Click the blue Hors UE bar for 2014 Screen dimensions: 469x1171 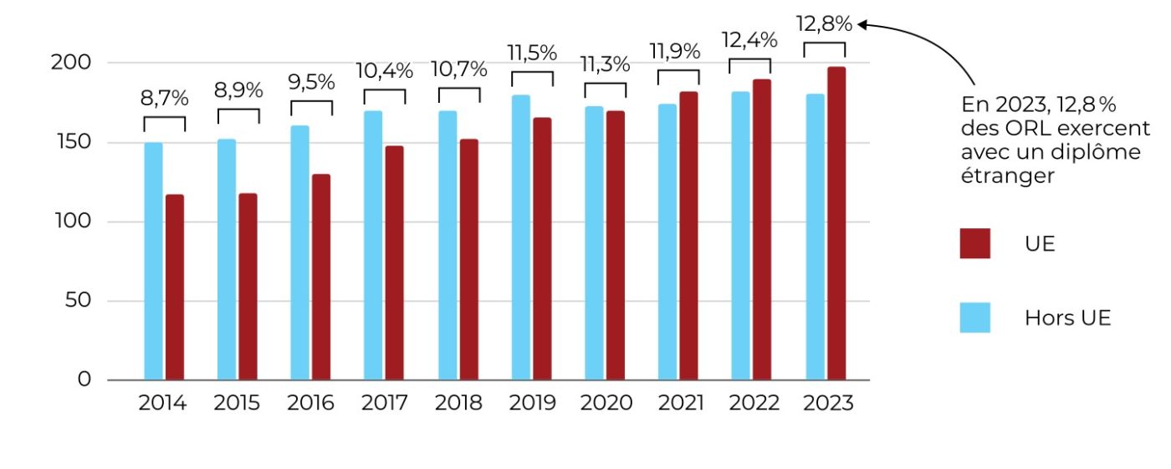[153, 261]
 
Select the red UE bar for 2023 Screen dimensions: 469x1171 [836, 223]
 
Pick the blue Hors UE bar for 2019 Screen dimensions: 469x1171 [521, 237]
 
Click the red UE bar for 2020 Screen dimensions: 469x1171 [616, 245]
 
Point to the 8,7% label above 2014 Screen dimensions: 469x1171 [164, 98]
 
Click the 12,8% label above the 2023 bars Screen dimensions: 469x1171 [824, 24]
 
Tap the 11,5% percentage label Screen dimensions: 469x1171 [532, 53]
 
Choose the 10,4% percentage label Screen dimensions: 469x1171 [385, 71]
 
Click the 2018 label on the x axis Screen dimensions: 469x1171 [458, 403]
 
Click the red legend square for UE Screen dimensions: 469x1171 [974, 243]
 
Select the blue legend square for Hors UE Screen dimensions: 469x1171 [974, 318]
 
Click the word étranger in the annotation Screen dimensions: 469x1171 [1006, 176]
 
